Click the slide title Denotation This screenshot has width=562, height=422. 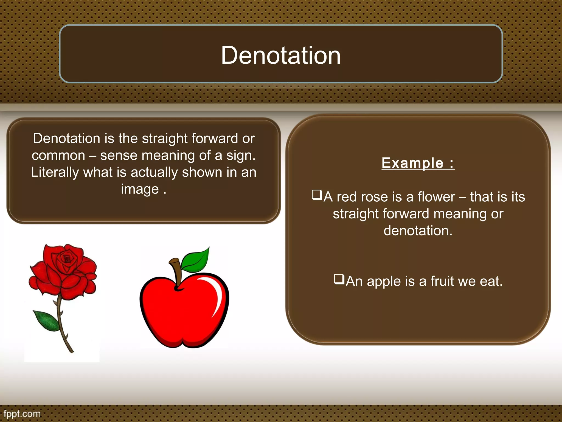(x=281, y=55)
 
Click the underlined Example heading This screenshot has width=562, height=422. (x=418, y=163)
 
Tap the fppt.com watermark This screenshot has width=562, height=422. (x=22, y=414)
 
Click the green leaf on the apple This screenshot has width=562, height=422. (x=196, y=260)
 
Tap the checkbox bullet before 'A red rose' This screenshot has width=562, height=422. (x=317, y=195)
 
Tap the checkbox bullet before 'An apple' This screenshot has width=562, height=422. (x=339, y=279)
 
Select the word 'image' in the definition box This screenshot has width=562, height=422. (x=140, y=190)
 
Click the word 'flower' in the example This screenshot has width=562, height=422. (x=436, y=197)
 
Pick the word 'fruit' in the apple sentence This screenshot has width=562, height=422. (x=442, y=281)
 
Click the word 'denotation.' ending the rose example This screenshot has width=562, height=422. (x=418, y=231)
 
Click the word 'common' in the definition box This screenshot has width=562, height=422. (x=58, y=156)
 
